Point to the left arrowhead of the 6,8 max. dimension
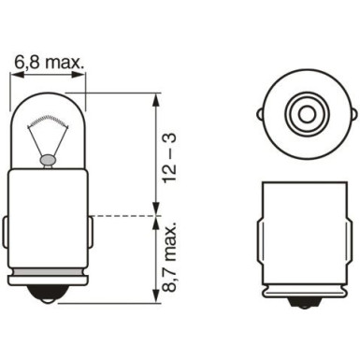[20, 76]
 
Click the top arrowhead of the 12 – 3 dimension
[153, 94]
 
